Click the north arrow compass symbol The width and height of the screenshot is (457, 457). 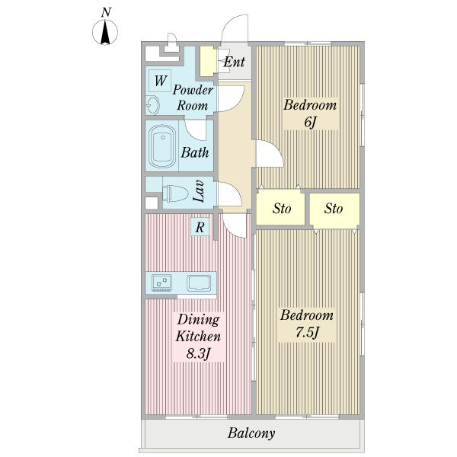105,32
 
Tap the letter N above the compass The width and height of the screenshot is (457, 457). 106,12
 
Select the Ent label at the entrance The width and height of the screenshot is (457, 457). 234,62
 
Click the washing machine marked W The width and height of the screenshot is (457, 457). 160,81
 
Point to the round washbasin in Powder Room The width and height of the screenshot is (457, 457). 153,104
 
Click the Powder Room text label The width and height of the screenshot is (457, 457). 193,97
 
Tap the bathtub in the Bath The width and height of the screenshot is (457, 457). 162,146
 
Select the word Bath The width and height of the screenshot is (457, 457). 195,152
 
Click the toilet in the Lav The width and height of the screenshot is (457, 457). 175,193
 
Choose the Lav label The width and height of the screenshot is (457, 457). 198,191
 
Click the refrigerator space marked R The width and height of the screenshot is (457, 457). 200,227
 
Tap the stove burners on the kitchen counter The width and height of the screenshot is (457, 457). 161,283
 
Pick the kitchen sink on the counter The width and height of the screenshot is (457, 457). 199,283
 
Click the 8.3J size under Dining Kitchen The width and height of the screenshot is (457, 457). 198,354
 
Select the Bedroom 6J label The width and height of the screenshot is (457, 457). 310,113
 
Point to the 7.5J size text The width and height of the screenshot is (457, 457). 308,332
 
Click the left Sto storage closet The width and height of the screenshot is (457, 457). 280,208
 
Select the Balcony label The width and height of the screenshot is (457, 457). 251,433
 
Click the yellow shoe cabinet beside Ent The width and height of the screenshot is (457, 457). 208,62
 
